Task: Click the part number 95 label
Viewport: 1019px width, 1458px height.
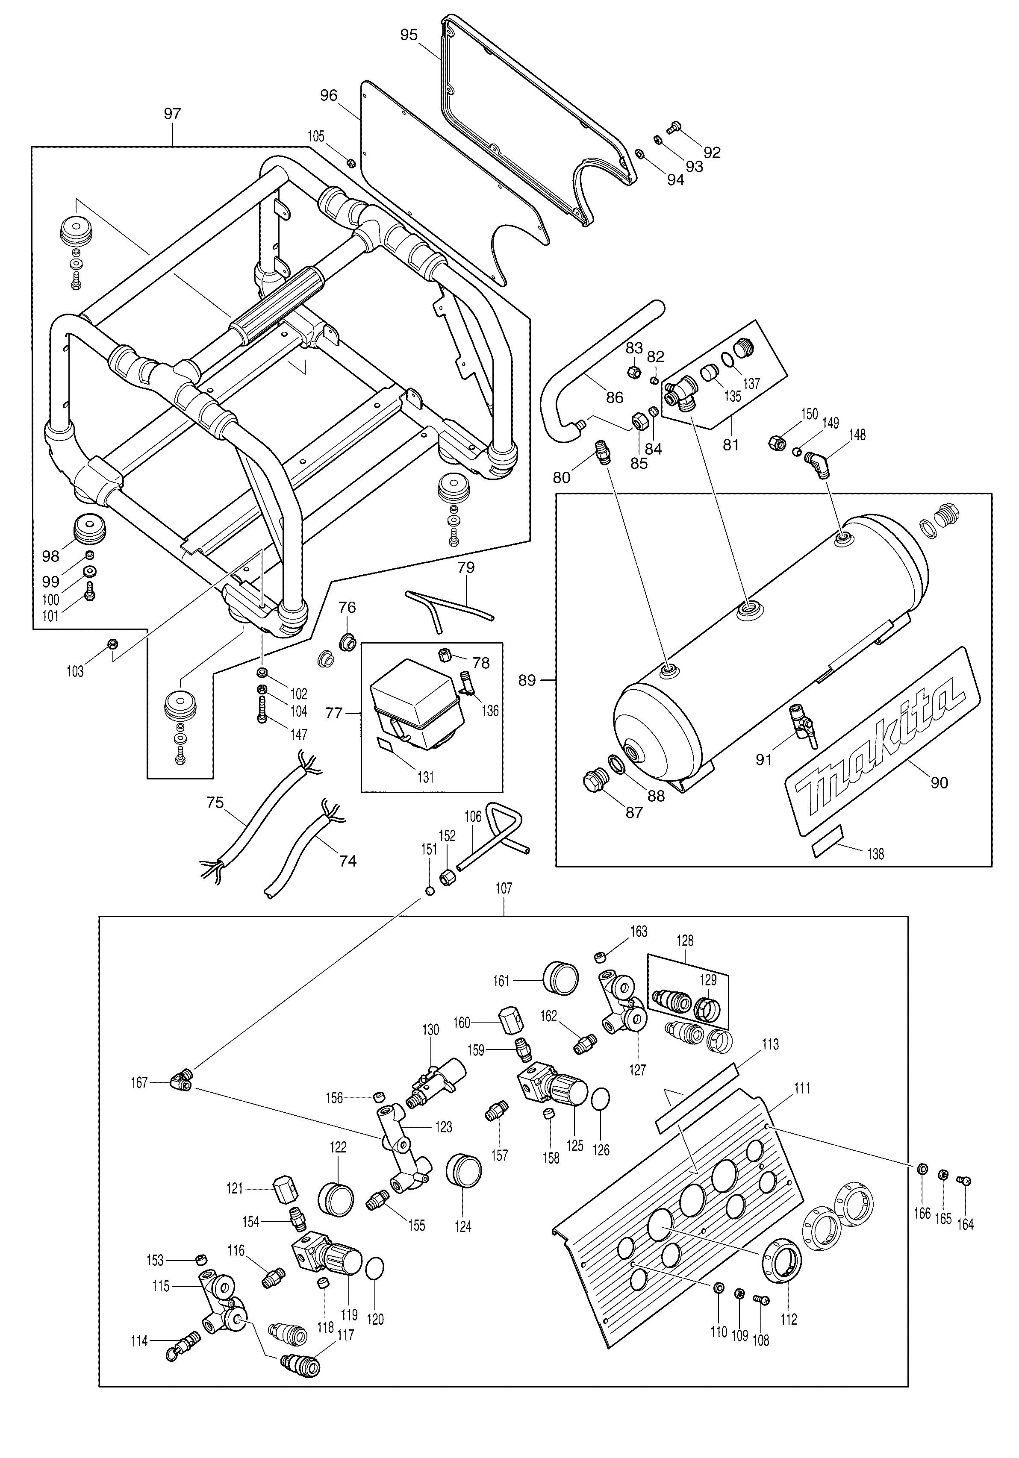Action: click(409, 35)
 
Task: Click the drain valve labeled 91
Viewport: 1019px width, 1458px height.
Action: click(802, 724)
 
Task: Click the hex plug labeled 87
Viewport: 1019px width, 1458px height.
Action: click(595, 782)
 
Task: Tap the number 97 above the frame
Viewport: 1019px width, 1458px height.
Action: click(172, 114)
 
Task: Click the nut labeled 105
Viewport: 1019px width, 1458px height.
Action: click(350, 162)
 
